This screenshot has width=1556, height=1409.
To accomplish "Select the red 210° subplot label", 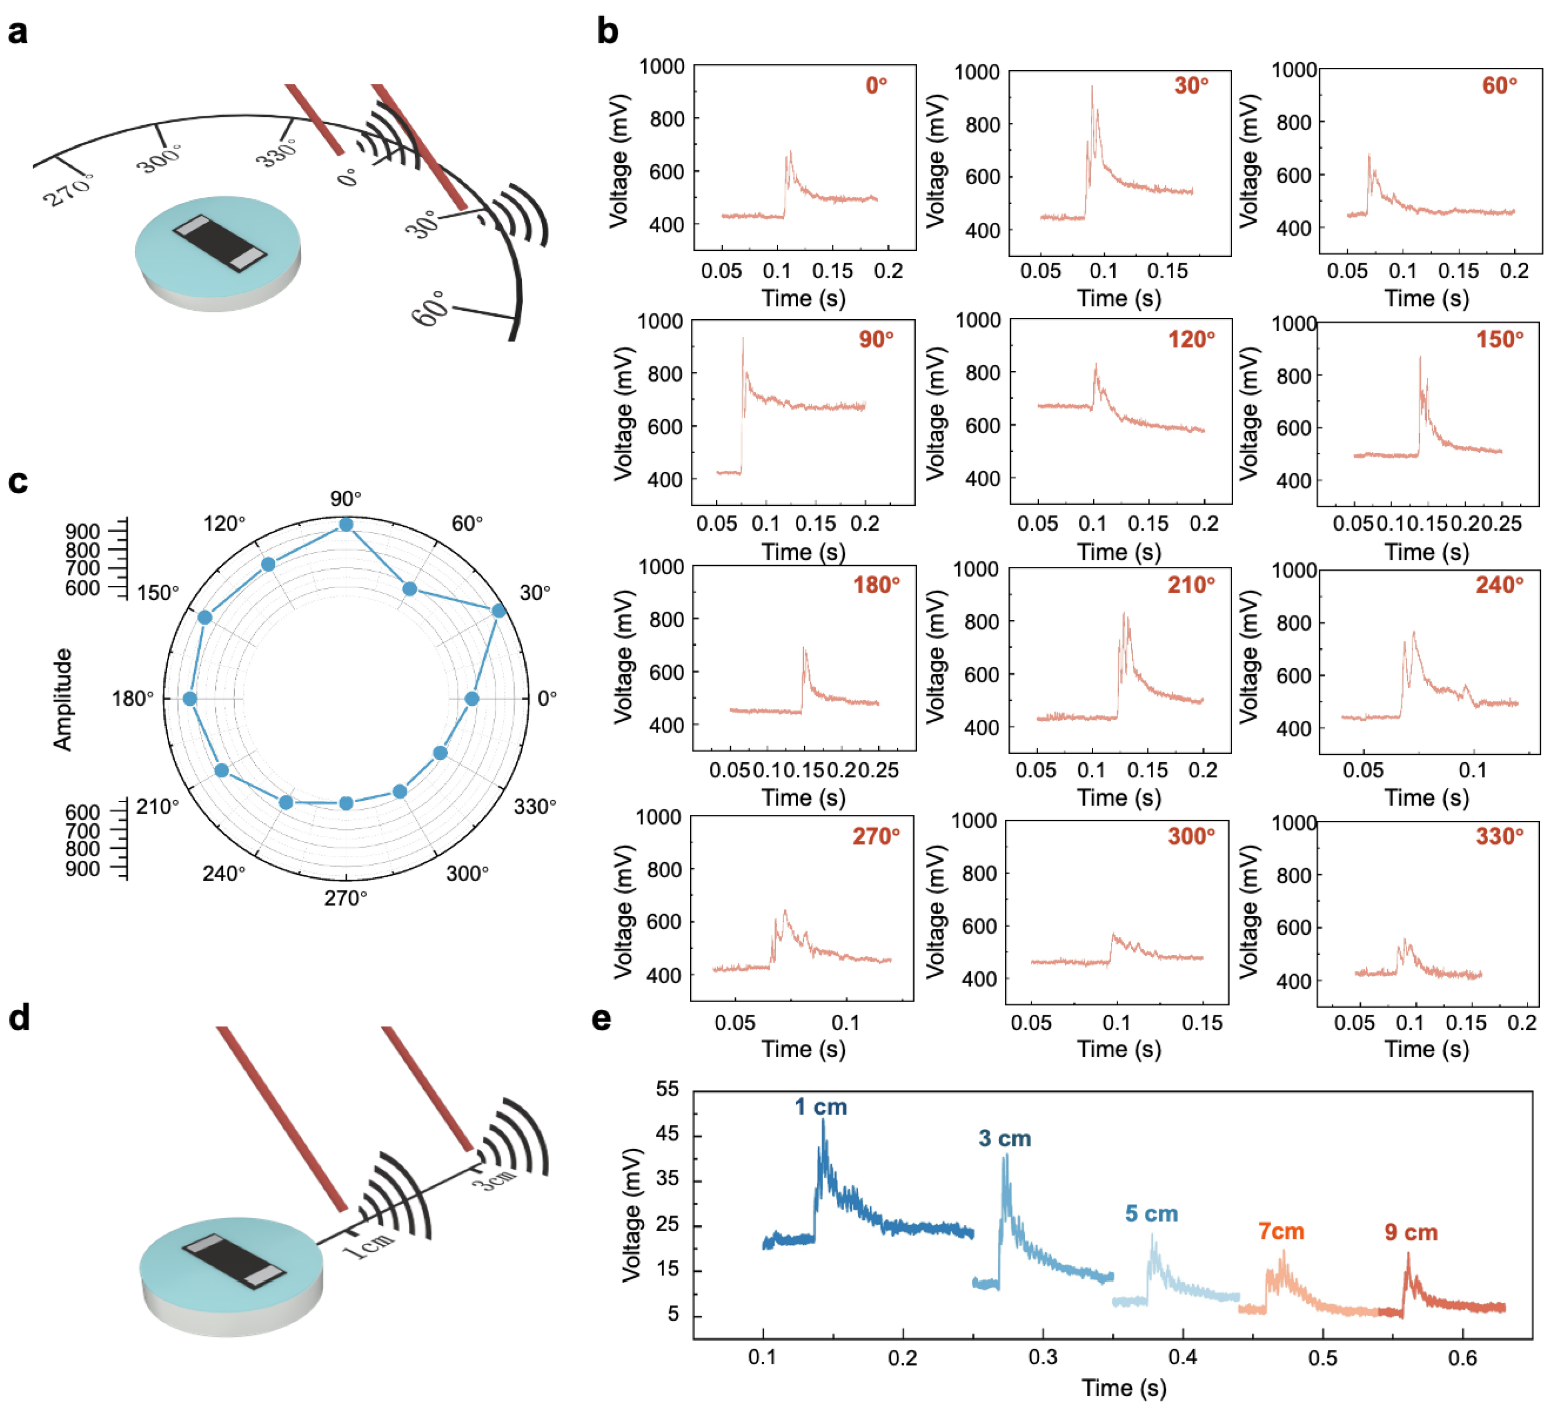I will tap(1190, 585).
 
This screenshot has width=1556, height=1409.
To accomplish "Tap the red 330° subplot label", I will tap(1499, 836).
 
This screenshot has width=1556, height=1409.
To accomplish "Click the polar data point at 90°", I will tap(346, 525).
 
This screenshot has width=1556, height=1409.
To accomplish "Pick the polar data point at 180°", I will tap(190, 699).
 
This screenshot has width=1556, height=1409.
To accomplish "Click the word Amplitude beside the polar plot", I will tap(62, 699).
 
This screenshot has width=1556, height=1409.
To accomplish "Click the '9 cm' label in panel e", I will tap(1411, 1232).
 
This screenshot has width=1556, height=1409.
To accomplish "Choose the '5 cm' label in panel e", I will tap(1151, 1214).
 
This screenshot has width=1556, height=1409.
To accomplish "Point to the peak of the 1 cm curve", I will tap(823, 1120).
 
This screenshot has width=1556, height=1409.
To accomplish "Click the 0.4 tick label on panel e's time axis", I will tap(1182, 1356).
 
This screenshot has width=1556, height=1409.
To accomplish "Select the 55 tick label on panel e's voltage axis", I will tap(667, 1089).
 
